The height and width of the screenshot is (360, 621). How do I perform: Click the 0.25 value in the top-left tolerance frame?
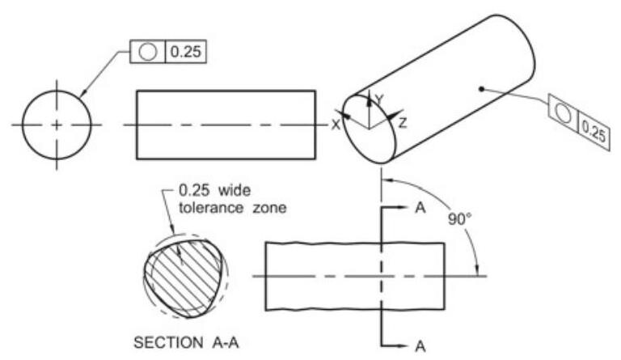pos(185,53)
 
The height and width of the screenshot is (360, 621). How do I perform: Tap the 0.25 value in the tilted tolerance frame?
pos(593,130)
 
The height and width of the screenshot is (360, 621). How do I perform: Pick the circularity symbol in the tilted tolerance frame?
pos(564,113)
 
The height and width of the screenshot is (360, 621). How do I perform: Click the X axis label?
pos(335,125)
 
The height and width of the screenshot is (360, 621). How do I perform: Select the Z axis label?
pos(403,123)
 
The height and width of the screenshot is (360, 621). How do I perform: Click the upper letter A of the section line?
pos(420,207)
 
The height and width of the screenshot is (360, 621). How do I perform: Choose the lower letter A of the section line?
pos(420,345)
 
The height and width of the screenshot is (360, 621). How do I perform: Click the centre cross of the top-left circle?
pos(57,125)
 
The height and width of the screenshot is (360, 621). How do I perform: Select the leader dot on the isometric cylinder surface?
pos(481,90)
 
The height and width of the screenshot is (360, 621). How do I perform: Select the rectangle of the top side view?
pos(226,125)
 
